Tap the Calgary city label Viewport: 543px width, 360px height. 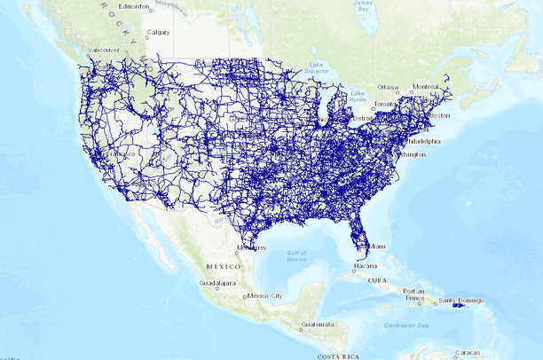click(158, 33)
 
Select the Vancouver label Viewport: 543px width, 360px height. click(103, 51)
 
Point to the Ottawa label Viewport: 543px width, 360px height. click(389, 88)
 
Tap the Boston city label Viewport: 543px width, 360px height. click(441, 116)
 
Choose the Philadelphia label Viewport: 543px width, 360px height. click(421, 141)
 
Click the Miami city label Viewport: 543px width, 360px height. click(379, 246)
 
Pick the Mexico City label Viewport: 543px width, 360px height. click(264, 295)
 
